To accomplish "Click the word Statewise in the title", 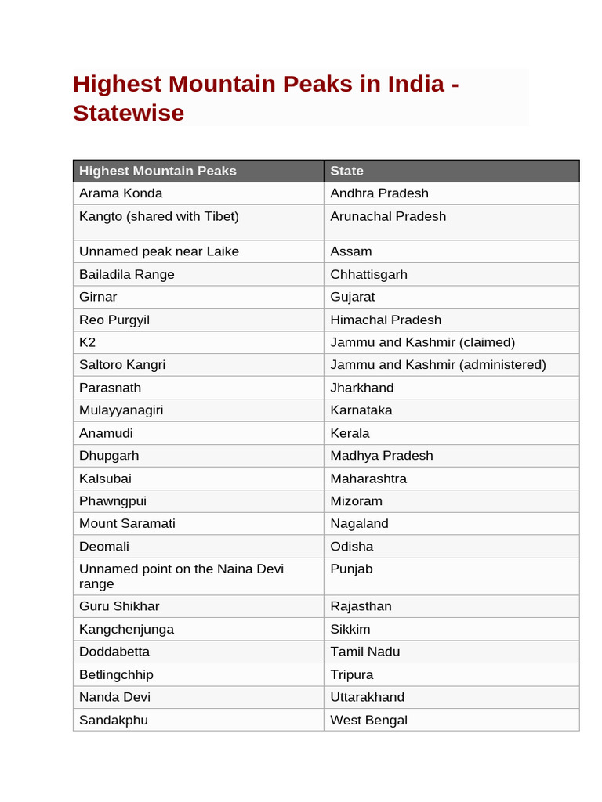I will [129, 113].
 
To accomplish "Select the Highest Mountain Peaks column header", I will [158, 171].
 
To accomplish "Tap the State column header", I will [346, 171].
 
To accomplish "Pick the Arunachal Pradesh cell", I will [388, 216].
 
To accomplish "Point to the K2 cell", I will [88, 342].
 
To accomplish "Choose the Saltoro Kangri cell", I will [122, 365].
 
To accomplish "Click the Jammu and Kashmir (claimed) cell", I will [422, 342].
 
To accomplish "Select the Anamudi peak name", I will [106, 433].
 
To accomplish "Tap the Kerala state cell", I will [350, 433].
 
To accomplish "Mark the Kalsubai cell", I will [105, 479].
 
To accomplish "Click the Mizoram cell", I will [356, 501].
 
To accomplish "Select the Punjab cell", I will [351, 569].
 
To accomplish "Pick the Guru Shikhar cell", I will [119, 606].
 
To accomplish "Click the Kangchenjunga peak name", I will [126, 629].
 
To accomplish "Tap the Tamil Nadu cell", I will [365, 652].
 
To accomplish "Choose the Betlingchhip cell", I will [116, 674].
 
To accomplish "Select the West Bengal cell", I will [368, 720].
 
